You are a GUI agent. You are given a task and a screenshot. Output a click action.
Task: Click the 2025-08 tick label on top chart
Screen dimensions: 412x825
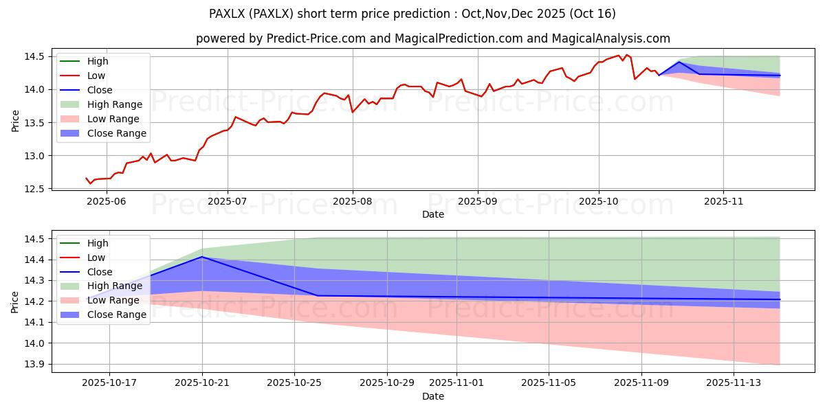(353, 201)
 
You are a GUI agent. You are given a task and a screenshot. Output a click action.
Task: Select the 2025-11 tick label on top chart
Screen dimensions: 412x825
(723, 201)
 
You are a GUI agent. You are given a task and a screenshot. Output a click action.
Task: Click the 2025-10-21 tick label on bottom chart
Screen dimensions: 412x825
(202, 383)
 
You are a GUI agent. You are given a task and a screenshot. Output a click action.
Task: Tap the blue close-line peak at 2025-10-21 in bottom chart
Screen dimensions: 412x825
(202, 257)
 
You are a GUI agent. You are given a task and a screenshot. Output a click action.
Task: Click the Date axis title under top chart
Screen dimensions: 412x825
(433, 214)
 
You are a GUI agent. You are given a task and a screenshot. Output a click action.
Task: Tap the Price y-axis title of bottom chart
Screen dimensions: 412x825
(15, 302)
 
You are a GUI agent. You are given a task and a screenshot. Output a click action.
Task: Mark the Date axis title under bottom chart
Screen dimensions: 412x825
(433, 396)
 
